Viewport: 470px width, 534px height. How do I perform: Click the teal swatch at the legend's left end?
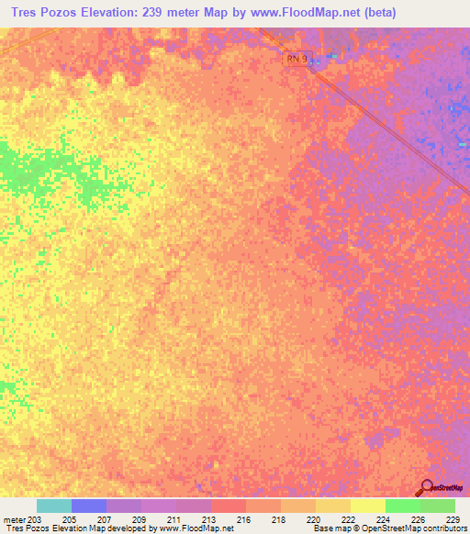coord(54,506)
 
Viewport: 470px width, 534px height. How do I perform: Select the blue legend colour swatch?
coord(89,506)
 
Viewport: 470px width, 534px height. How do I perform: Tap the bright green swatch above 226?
coord(403,506)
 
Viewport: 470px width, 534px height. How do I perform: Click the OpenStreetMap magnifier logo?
coord(425,488)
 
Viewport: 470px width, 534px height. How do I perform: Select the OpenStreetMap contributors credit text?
coord(418,528)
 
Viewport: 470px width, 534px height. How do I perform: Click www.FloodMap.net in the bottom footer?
coord(196,528)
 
